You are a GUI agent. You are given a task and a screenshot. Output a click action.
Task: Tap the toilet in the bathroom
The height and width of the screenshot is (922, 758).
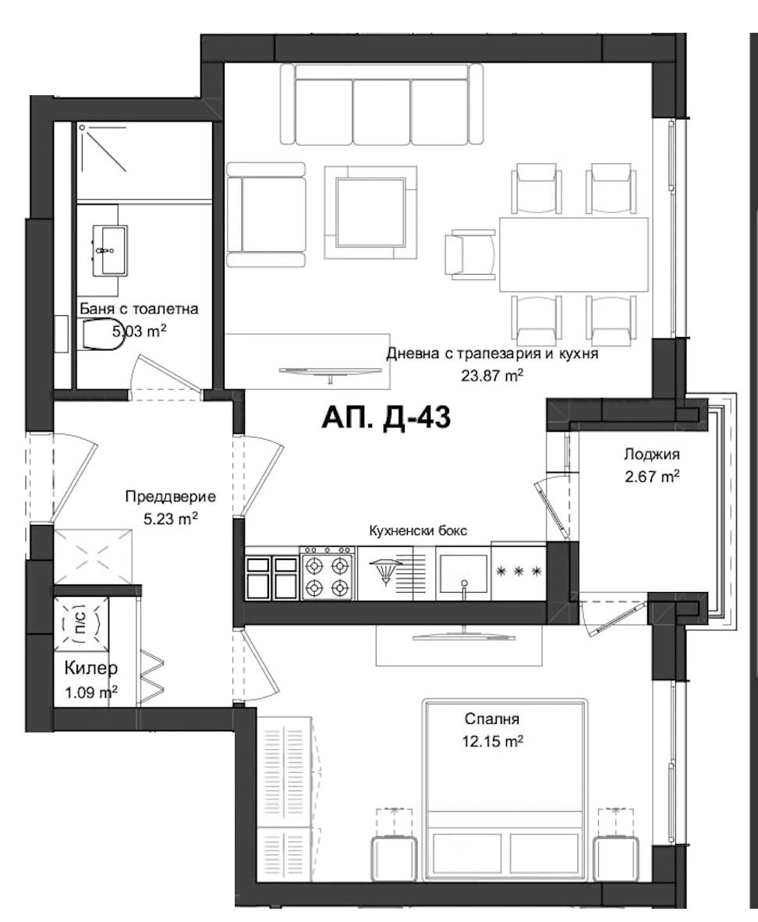(x=101, y=335)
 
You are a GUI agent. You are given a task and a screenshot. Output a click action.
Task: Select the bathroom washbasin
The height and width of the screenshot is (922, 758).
(x=109, y=250)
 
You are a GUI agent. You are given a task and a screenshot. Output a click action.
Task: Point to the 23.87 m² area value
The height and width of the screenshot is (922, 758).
(x=492, y=374)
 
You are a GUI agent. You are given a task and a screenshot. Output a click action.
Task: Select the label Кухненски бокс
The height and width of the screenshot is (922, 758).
(x=418, y=531)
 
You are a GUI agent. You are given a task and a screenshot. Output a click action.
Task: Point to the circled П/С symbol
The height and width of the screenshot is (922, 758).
(x=80, y=623)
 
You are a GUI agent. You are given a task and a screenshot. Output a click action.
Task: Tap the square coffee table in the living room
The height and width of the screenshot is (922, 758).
(x=370, y=212)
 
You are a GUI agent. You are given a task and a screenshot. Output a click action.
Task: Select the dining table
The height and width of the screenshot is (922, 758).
(x=573, y=254)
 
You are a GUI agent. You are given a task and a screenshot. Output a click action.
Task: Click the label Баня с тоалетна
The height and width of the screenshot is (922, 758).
(x=139, y=309)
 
